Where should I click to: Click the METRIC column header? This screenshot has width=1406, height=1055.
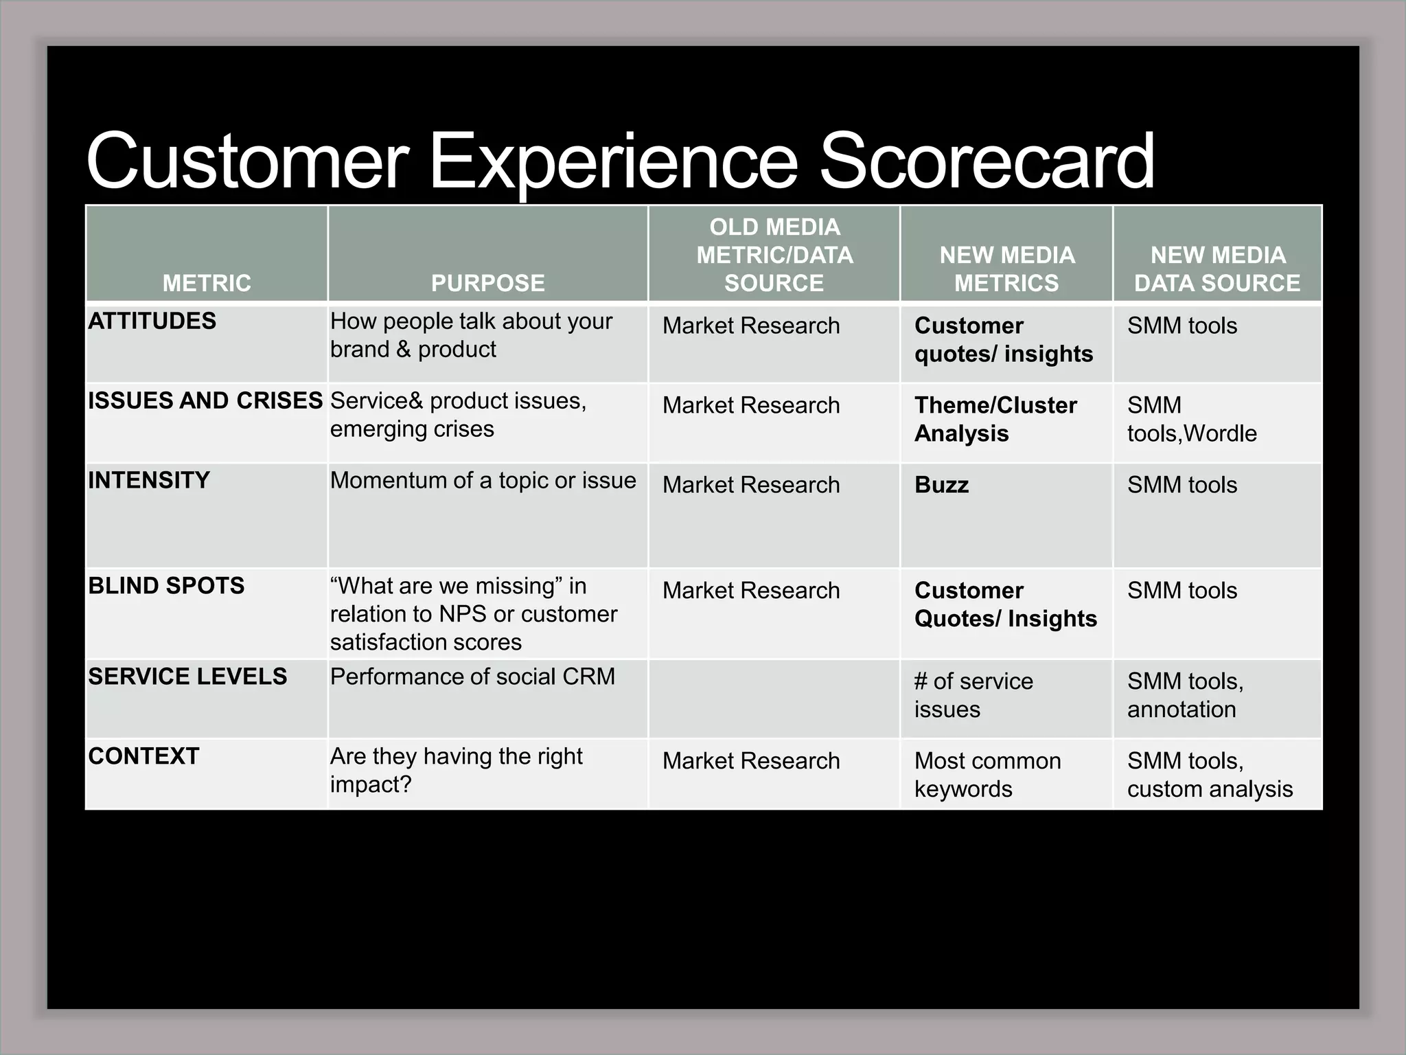tap(207, 283)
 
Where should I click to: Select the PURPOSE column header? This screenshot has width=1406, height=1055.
tap(487, 283)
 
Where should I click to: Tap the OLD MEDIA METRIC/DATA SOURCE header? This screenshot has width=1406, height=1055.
tap(774, 255)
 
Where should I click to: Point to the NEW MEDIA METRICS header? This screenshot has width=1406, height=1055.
tap(1006, 269)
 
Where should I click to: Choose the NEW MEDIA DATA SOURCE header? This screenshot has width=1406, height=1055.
tap(1217, 269)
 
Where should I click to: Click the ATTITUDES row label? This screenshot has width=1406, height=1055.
tap(152, 321)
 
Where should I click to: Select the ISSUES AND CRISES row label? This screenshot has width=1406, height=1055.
tap(205, 400)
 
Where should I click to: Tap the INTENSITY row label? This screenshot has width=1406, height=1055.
tap(149, 480)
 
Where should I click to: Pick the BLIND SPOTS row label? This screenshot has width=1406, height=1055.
tap(166, 586)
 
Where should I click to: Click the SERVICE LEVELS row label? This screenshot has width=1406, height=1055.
tap(187, 677)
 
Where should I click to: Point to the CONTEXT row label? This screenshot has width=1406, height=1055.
tap(143, 756)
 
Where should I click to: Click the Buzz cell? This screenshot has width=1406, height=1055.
tap(941, 485)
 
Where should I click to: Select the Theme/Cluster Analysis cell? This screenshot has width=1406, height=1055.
tap(995, 419)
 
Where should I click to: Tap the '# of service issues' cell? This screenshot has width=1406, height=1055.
tap(973, 695)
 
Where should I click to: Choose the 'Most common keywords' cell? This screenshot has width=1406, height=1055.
tap(987, 775)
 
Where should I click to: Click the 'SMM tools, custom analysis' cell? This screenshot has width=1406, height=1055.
tap(1210, 775)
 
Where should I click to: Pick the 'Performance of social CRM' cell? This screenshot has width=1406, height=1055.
tap(472, 677)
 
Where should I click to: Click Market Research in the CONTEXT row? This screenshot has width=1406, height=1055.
tap(751, 761)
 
